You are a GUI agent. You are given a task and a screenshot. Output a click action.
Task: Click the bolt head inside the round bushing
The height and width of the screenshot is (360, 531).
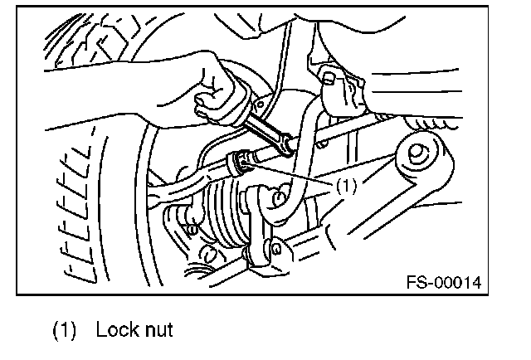click(419, 154)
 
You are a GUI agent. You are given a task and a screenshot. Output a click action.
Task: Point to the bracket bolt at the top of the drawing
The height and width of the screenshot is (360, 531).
click(330, 79)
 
